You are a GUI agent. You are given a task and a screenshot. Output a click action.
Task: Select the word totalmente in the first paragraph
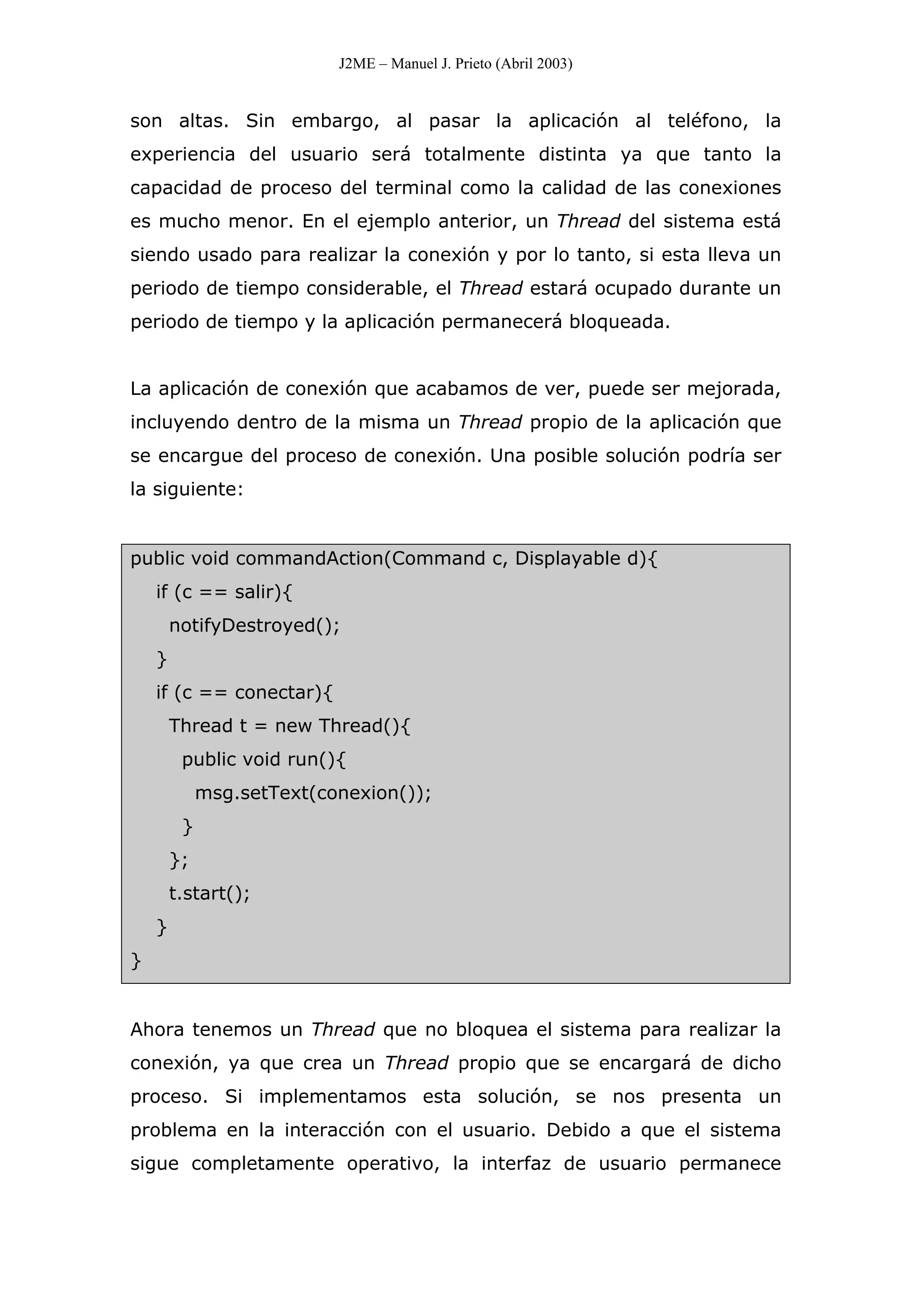tap(474, 154)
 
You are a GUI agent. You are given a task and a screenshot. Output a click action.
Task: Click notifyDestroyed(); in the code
tap(254, 625)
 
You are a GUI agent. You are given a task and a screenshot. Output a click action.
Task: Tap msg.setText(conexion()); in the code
tap(313, 793)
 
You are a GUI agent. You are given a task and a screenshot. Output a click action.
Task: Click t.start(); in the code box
tap(209, 893)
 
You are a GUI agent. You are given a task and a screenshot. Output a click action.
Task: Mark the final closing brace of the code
tap(136, 961)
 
